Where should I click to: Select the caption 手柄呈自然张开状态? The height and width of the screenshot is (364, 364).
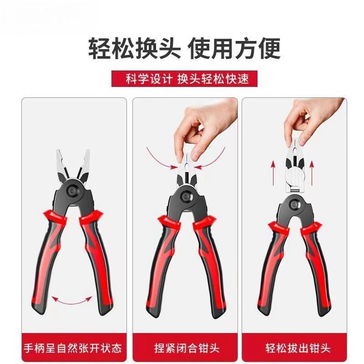click(73, 349)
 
